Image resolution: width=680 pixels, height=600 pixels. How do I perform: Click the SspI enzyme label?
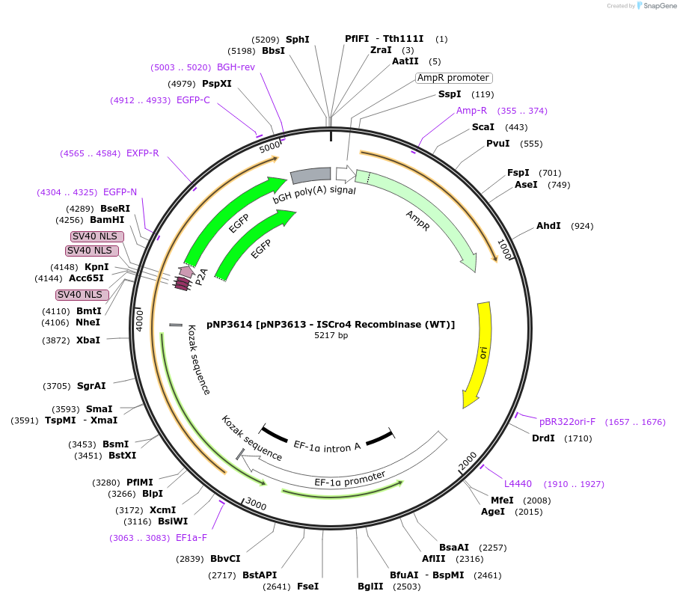tap(450, 94)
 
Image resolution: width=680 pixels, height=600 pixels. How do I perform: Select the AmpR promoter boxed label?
tap(453, 78)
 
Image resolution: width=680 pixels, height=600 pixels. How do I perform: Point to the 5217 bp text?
tap(331, 335)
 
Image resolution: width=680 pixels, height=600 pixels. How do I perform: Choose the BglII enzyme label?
tap(370, 587)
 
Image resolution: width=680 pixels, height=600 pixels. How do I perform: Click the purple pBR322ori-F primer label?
tap(567, 422)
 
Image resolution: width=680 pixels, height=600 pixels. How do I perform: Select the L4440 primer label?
tap(518, 484)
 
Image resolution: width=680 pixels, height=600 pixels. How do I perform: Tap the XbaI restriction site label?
tap(88, 340)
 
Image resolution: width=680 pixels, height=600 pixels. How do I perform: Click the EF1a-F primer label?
tap(192, 537)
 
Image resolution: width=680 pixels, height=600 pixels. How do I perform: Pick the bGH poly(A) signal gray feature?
tap(310, 176)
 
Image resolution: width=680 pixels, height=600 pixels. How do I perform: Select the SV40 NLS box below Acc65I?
tap(82, 295)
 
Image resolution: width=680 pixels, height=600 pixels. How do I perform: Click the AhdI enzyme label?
tap(548, 226)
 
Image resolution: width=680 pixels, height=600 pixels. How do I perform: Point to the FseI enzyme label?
tap(307, 587)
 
